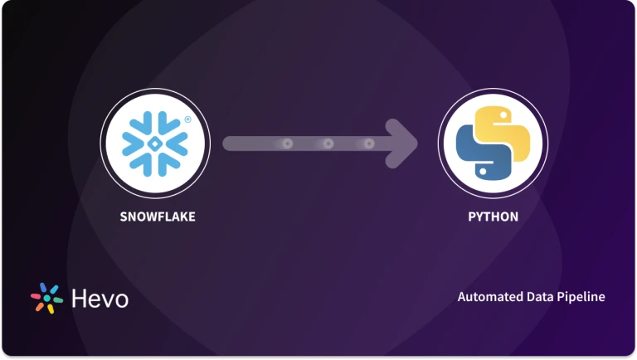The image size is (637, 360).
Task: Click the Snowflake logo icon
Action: click(x=155, y=144)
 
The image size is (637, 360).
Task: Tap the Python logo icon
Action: click(x=492, y=144)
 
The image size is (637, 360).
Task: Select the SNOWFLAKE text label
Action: click(x=155, y=217)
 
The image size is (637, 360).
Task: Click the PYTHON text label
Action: click(x=492, y=217)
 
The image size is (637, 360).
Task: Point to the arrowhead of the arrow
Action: click(x=406, y=144)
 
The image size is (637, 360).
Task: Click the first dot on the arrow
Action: click(x=288, y=144)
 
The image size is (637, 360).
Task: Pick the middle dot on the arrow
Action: click(x=328, y=144)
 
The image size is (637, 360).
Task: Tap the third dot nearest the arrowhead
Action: click(x=369, y=144)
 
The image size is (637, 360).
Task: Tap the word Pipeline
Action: click(x=581, y=297)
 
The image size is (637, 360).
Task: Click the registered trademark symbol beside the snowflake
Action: click(x=187, y=119)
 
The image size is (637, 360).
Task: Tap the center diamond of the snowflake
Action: click(x=155, y=144)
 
